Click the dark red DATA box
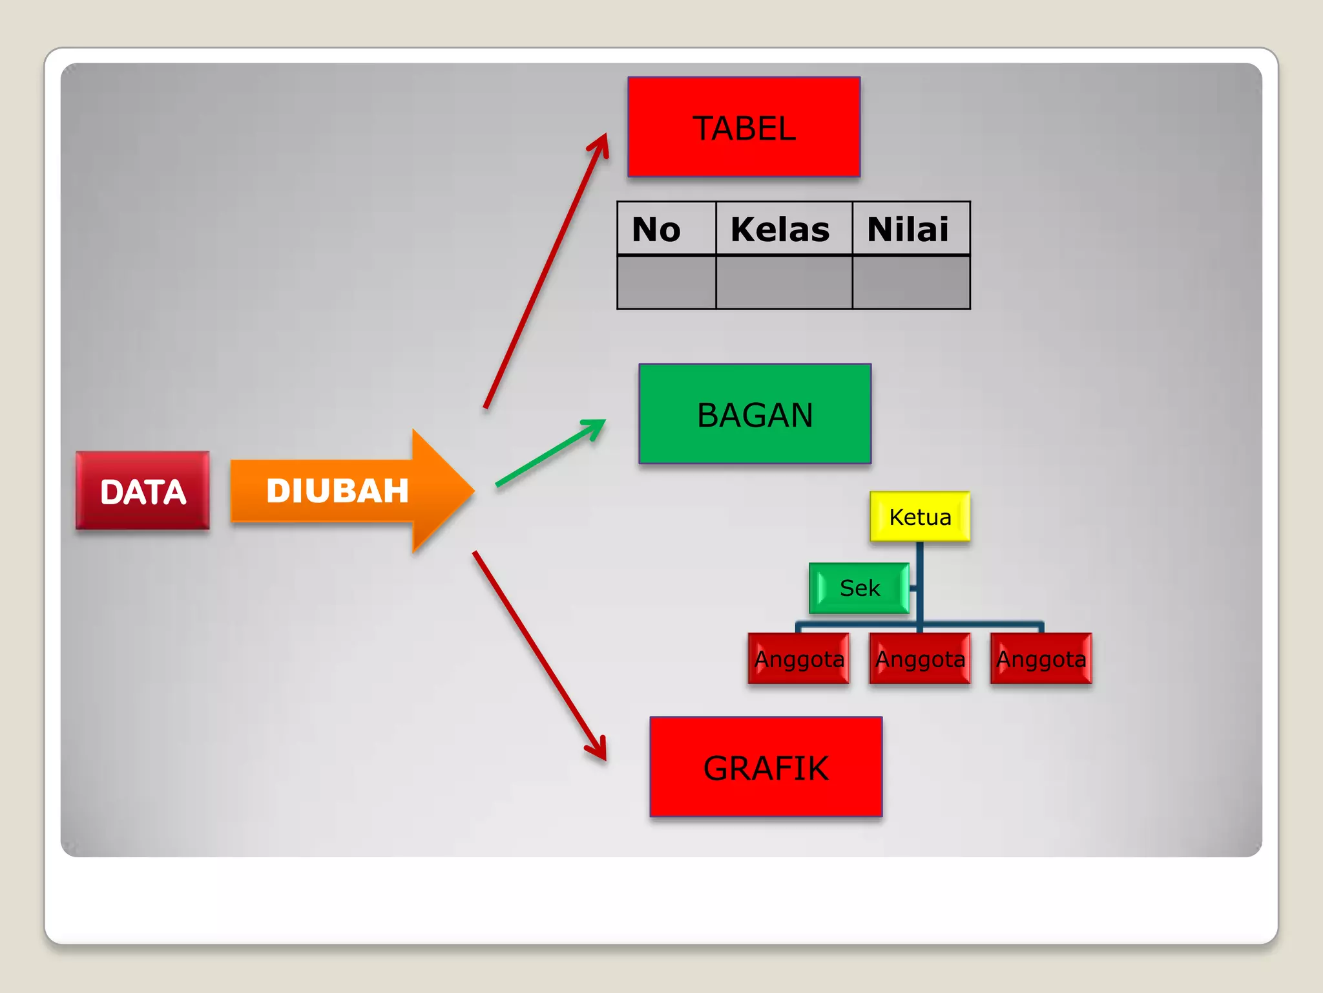pyautogui.click(x=143, y=491)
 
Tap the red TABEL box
pyautogui.click(x=744, y=127)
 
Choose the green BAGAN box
pyautogui.click(x=755, y=414)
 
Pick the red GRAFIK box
pyautogui.click(x=766, y=767)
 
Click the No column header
pyautogui.click(x=666, y=229)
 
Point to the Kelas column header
pyautogui.click(x=784, y=229)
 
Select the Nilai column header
pyautogui.click(x=910, y=229)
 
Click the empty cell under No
pyautogui.click(x=666, y=283)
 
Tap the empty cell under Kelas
pyautogui.click(x=784, y=283)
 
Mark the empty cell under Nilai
pyautogui.click(x=910, y=283)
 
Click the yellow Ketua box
pyautogui.click(x=920, y=517)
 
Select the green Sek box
pyautogui.click(x=859, y=588)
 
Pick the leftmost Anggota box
pyautogui.click(x=798, y=659)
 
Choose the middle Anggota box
pyautogui.click(x=920, y=659)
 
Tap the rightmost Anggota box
pyautogui.click(x=1041, y=659)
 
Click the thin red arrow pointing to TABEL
pyautogui.click(x=546, y=272)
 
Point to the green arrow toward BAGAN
pyautogui.click(x=549, y=453)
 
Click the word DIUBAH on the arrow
pyautogui.click(x=337, y=491)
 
